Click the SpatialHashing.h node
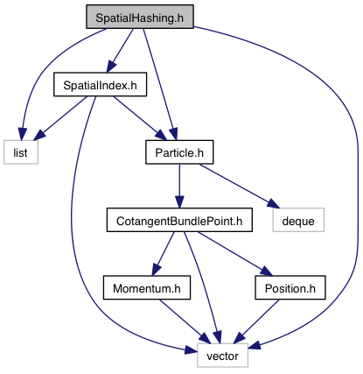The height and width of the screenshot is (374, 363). pos(140,17)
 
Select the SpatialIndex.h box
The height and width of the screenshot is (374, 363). pos(100,84)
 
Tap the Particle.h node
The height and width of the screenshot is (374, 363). pos(179,152)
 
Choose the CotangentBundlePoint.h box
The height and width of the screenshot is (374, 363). pos(179,220)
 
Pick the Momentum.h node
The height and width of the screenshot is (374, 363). pos(147,287)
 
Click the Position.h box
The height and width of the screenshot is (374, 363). pos(290,287)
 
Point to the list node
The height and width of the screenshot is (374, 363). pos(21,152)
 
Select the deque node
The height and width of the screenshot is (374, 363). pos(298,220)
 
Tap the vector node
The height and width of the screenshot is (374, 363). pos(222,356)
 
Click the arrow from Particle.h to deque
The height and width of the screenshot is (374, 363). pos(239,186)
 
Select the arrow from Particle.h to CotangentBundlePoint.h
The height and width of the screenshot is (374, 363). pos(179,186)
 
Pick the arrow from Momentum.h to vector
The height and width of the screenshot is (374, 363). pos(185,321)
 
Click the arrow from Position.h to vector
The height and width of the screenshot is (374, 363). pos(256,321)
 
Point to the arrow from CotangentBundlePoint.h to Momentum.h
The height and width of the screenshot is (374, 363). pos(163,254)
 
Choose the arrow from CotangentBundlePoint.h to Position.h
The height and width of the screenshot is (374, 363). pos(235,254)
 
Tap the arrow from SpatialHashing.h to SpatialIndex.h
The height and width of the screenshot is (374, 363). pos(120,50)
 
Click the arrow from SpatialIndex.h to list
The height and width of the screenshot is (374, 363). pos(60,118)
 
